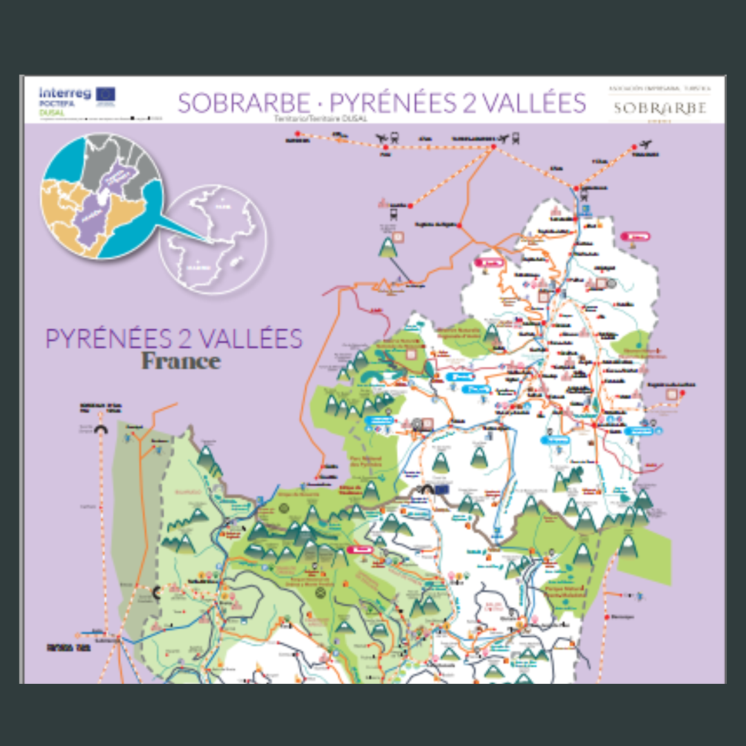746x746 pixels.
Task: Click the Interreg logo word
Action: click(66, 92)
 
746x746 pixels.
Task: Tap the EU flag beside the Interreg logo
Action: click(106, 93)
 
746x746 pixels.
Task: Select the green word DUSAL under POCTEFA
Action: click(50, 111)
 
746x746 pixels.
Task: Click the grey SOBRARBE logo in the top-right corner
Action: click(660, 108)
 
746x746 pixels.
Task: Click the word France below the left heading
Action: click(181, 361)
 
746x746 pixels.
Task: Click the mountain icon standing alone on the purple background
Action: click(388, 246)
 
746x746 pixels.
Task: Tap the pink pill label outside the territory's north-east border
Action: click(636, 236)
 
